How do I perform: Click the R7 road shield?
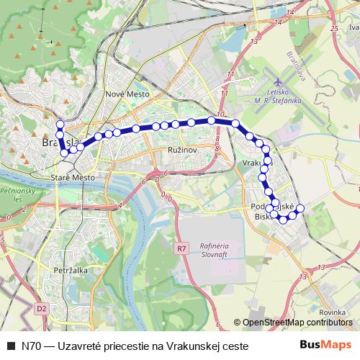(181, 248)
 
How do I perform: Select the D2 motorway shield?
(42, 307)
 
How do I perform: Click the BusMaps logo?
(326, 345)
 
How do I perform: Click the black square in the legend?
(10, 346)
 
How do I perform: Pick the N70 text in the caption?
(31, 346)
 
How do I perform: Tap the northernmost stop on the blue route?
(60, 123)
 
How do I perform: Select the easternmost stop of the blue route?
(300, 209)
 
